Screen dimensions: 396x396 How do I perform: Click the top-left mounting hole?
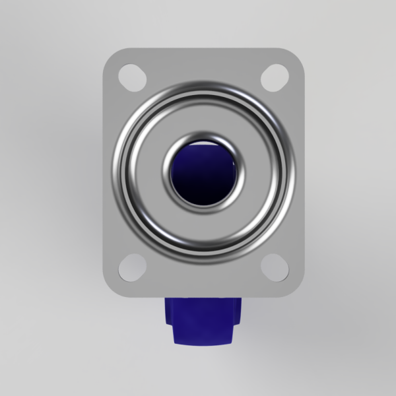pyautogui.click(x=133, y=77)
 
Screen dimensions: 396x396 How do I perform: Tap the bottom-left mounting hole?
pyautogui.click(x=133, y=267)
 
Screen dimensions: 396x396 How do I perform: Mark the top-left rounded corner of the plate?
pyautogui.click(x=110, y=54)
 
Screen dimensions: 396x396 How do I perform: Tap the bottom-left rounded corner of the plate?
pyautogui.click(x=110, y=290)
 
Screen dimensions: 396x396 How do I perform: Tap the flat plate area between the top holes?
pyautogui.click(x=203, y=66)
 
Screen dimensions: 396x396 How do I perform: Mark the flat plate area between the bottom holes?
pyautogui.click(x=203, y=280)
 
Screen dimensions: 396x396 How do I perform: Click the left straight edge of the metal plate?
pyautogui.click(x=104, y=172)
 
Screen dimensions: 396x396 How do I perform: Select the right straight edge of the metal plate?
pyautogui.click(x=302, y=172)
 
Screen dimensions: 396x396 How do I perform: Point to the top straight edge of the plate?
pyautogui.click(x=203, y=49)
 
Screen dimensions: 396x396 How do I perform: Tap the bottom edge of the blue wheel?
pyautogui.click(x=203, y=343)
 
